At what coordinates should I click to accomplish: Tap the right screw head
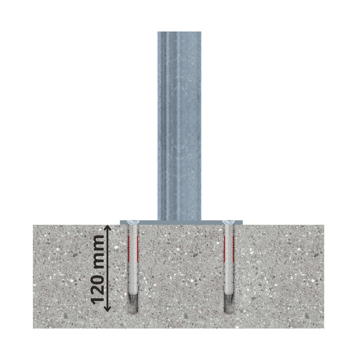click(229, 222)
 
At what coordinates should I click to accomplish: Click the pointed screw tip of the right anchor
click(229, 300)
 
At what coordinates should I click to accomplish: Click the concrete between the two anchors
click(180, 272)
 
